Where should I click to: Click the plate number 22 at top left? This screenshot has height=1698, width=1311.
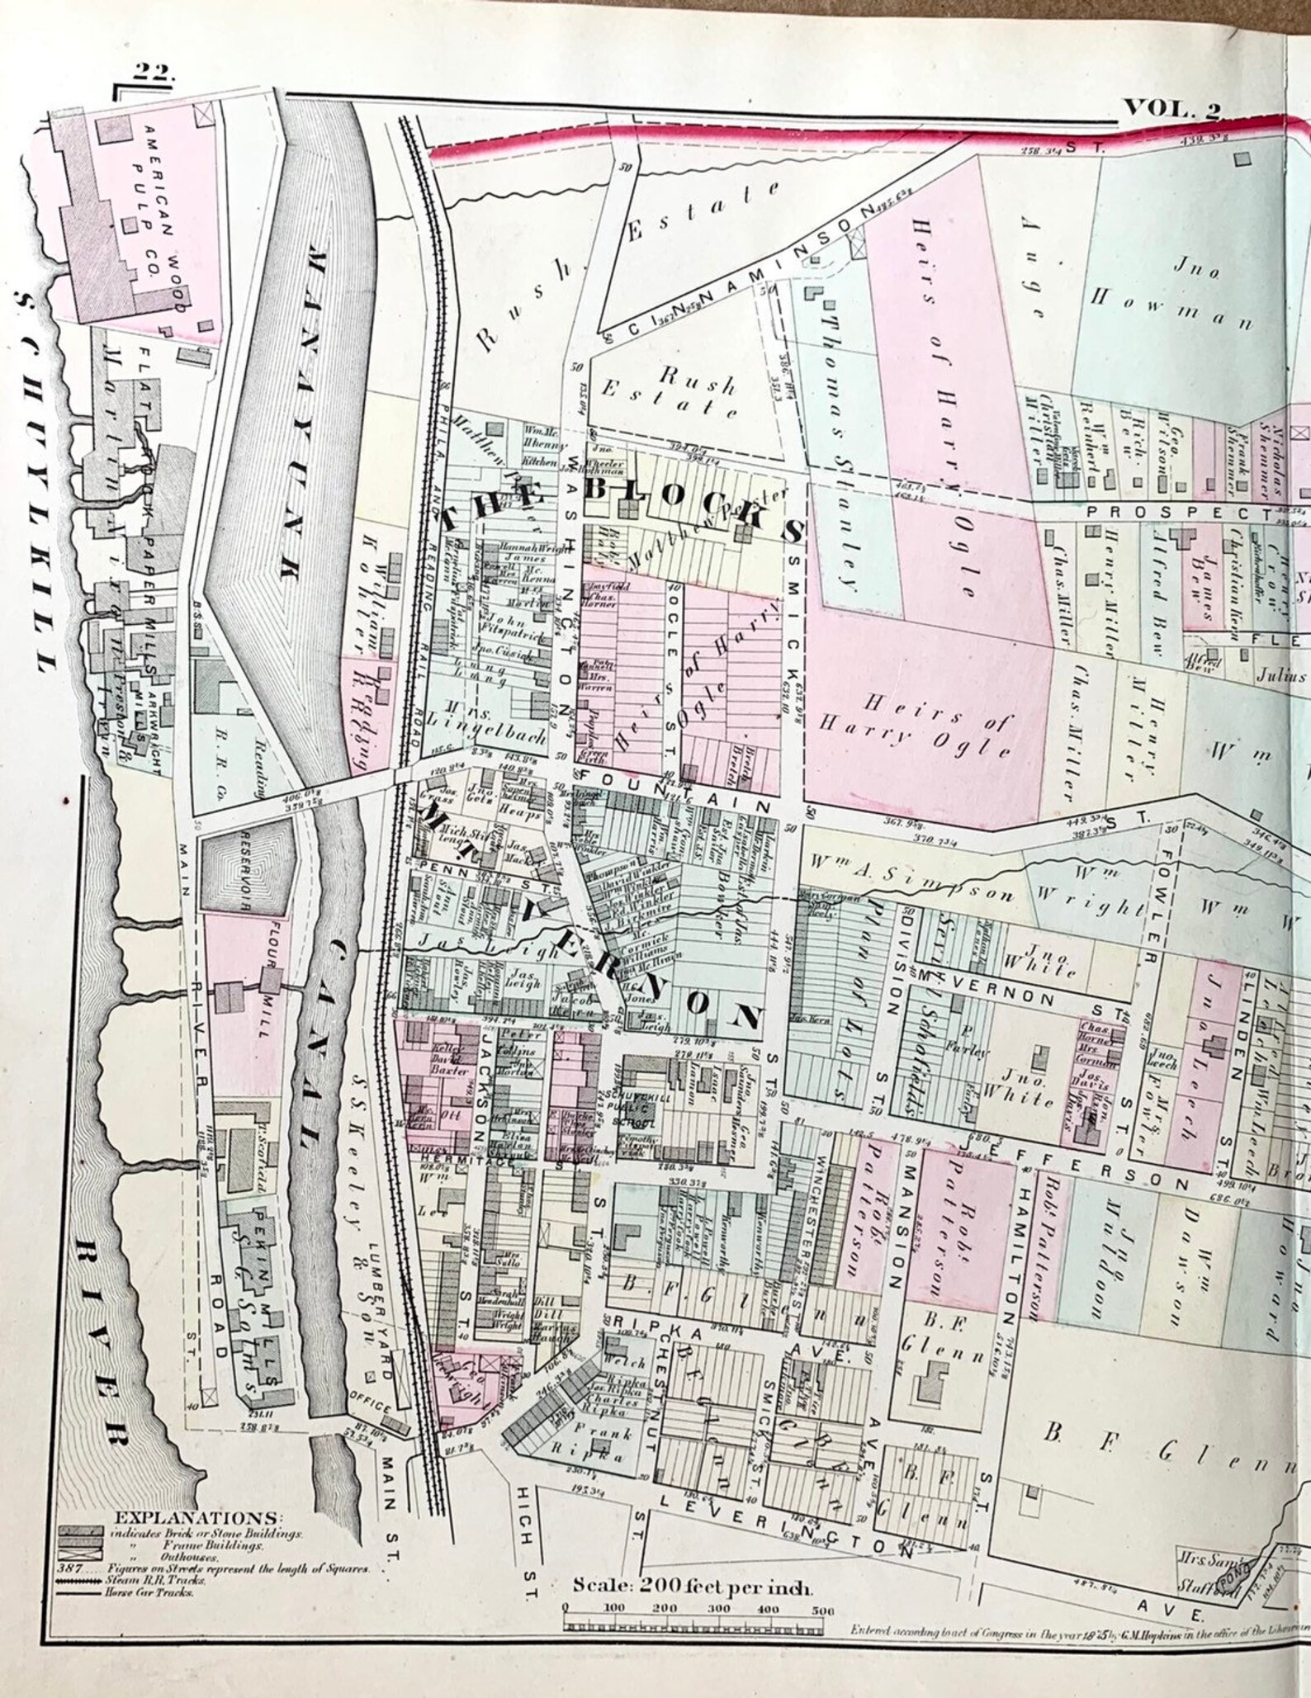point(154,72)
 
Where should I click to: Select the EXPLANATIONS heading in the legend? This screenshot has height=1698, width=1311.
point(197,1518)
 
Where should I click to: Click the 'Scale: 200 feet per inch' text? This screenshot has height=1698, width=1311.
point(693,1587)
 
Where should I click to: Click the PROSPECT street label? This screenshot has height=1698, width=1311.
point(1176,512)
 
